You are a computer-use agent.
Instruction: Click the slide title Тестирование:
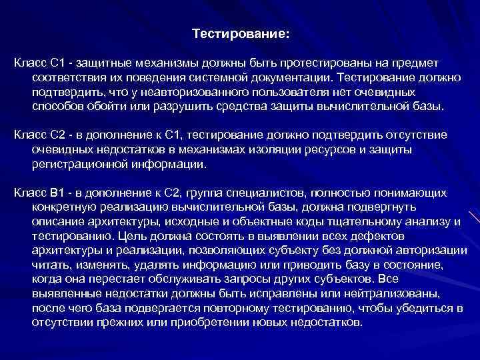pyautogui.click(x=241, y=33)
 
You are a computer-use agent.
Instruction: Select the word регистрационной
pyautogui.click(x=73, y=163)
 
